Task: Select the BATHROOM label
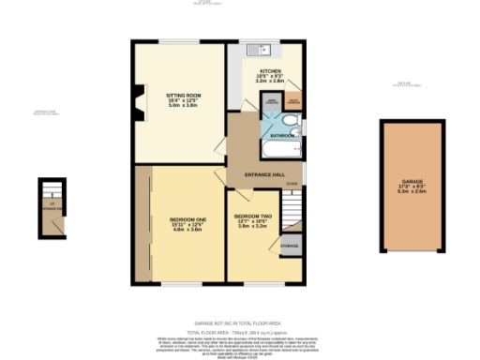(x=281, y=136)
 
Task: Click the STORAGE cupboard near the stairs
(x=291, y=246)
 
